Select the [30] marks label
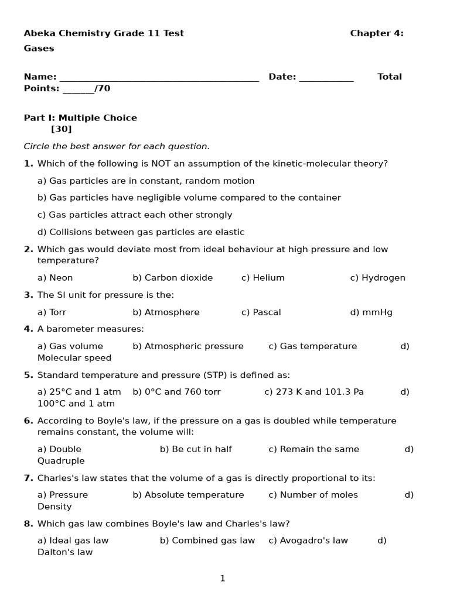tap(62, 129)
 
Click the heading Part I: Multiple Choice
tap(80, 118)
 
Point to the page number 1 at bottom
tap(223, 579)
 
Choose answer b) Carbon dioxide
tap(173, 278)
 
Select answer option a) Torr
tap(52, 312)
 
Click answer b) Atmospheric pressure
tap(188, 346)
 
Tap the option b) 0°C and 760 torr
tap(176, 392)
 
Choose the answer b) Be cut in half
tap(196, 449)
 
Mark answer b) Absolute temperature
tap(188, 495)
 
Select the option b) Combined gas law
tap(207, 541)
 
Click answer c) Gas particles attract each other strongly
tap(135, 215)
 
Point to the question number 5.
tap(28, 375)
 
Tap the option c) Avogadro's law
tap(308, 541)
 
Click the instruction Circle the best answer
tap(117, 146)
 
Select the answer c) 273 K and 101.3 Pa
tap(314, 392)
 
